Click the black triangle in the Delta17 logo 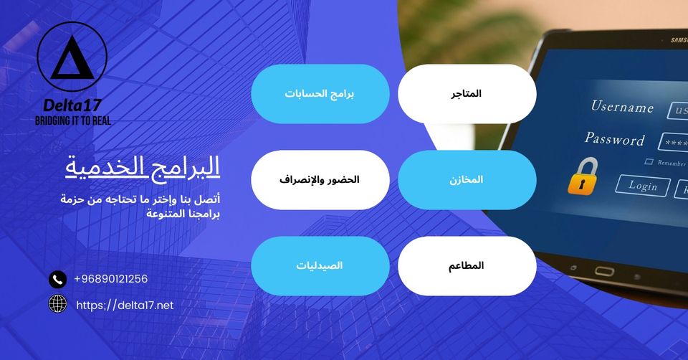[x=72, y=59]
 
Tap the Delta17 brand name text [x=72, y=105]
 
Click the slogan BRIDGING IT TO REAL [x=73, y=120]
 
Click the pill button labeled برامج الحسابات [x=320, y=93]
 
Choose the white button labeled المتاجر [x=467, y=93]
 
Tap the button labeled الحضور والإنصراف [x=320, y=179]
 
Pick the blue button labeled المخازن [x=467, y=179]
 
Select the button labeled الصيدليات [x=320, y=265]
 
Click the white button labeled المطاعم [x=467, y=265]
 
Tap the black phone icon [x=57, y=279]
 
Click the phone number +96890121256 [x=110, y=279]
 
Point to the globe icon [x=57, y=303]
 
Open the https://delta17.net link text [x=125, y=305]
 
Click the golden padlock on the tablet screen [x=583, y=176]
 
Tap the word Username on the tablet [x=622, y=107]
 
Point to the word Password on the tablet [x=614, y=138]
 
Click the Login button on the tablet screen [x=643, y=185]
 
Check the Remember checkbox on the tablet [x=649, y=161]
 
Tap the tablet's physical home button [x=604, y=271]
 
